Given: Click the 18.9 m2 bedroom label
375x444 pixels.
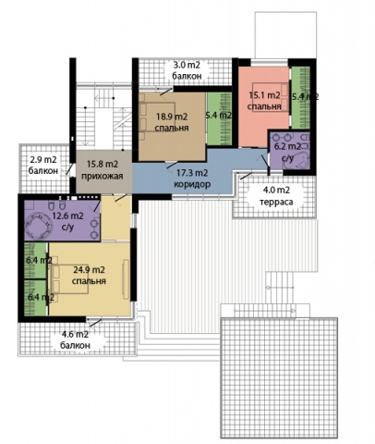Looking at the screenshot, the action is pos(172,122).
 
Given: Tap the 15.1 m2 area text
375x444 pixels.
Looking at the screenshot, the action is pos(264,95).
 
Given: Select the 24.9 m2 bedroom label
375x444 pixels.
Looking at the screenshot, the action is pos(89,276).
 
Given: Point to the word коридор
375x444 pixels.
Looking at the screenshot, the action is pos(192,184).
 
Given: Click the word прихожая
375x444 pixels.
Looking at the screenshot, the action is pos(103,176).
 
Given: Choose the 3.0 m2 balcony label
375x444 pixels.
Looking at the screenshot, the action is pos(187,70).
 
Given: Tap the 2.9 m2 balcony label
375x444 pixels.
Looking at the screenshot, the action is pos(43,166).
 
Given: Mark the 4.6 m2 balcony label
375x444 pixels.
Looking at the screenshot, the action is pos(75,339).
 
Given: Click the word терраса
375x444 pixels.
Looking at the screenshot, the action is pos(276,203).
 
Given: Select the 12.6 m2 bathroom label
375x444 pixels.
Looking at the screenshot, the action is pos(67,221).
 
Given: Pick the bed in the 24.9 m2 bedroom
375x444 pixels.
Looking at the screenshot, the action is pos(69,279).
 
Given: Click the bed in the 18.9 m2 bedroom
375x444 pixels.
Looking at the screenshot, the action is pos(157,117).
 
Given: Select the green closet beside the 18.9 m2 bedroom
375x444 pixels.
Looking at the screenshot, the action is pos(219,118).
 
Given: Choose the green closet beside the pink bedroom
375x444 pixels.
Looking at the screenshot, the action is pos(300,98).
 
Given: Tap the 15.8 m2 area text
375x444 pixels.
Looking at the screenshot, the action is pos(103,165).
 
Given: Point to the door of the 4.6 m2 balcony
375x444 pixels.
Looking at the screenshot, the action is pos(95,323).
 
